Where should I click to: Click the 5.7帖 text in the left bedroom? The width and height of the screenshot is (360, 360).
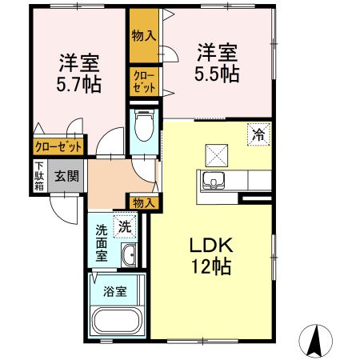click(78, 84)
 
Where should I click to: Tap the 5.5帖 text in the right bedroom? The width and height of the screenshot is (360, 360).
click(217, 74)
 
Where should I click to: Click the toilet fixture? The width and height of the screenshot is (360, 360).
click(145, 126)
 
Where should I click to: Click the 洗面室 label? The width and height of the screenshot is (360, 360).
click(102, 243)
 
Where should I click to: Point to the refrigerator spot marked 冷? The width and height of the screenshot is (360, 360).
click(258, 134)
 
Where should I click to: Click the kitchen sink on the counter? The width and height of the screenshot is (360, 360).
click(214, 181)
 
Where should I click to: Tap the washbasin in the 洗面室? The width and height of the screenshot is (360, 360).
click(128, 255)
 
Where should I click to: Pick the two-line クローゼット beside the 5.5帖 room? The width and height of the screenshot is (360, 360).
click(145, 82)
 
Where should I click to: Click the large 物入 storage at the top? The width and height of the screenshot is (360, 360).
click(145, 36)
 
